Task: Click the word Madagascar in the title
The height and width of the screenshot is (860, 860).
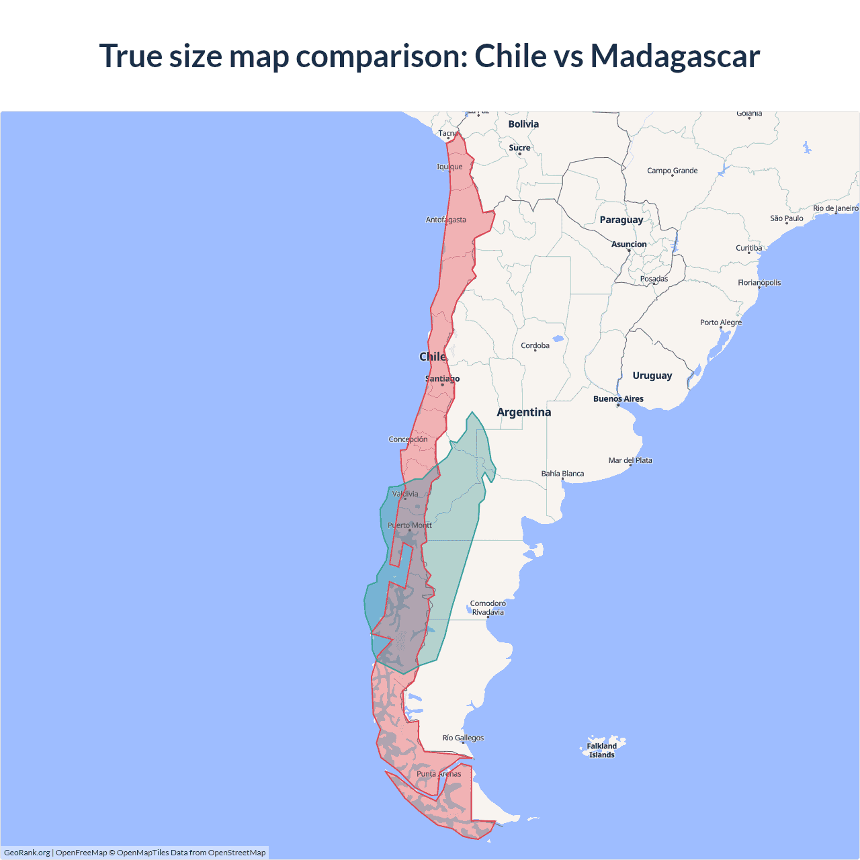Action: click(x=675, y=56)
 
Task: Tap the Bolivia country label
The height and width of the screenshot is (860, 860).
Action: click(x=523, y=124)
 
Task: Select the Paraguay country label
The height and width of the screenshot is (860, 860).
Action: click(x=621, y=220)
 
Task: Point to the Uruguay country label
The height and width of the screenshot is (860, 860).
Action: click(x=652, y=376)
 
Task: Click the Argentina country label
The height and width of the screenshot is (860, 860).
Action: click(x=523, y=413)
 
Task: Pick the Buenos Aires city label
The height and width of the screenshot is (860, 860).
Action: click(x=618, y=399)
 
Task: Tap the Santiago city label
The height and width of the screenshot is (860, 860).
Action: click(x=442, y=379)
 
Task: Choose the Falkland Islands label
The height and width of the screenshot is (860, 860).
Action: click(x=601, y=750)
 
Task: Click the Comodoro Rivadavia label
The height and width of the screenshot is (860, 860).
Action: click(x=488, y=608)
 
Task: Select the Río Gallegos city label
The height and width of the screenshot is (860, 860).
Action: click(x=463, y=738)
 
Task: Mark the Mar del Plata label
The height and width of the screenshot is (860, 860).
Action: click(x=630, y=460)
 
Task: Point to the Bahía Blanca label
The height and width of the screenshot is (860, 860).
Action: click(x=562, y=474)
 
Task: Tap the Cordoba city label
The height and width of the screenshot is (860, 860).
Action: click(x=535, y=346)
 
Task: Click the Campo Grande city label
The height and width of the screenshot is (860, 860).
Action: click(x=672, y=171)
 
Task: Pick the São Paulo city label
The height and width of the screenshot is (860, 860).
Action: click(x=786, y=218)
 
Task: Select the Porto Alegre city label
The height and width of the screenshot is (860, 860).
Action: click(x=721, y=322)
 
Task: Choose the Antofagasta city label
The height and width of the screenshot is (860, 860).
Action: click(x=445, y=220)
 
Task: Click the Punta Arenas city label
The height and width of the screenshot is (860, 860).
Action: click(x=439, y=774)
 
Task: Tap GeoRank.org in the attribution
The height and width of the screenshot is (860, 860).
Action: click(x=27, y=853)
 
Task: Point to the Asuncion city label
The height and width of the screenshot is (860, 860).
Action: click(x=629, y=245)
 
